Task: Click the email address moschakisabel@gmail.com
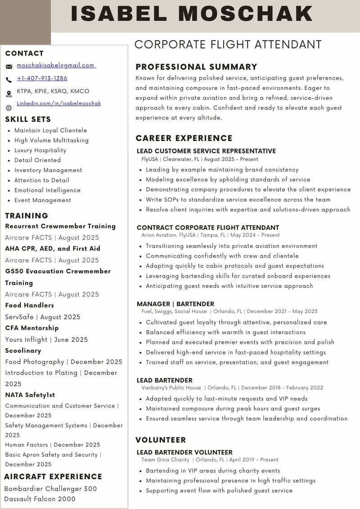55,65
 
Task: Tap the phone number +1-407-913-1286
42,78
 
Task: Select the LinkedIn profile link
59,104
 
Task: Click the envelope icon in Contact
9,67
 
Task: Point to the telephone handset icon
9,80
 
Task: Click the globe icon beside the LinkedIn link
9,108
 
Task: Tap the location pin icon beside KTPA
9,94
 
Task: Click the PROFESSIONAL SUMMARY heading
196,67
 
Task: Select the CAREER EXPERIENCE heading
184,138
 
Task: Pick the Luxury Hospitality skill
40,150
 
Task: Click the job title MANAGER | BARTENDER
175,304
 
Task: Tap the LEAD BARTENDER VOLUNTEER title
184,452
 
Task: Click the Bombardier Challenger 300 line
50,489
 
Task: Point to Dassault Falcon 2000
40,499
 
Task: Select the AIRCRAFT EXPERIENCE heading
53,477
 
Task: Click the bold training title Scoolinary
23,351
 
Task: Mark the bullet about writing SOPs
238,199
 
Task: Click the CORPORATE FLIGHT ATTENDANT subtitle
228,45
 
